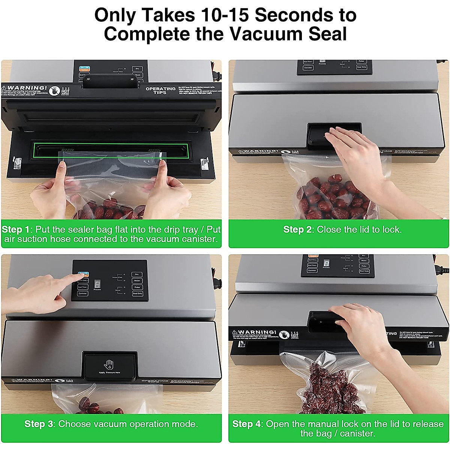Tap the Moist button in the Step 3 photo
click(x=137, y=280)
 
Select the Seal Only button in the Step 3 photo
click(x=137, y=293)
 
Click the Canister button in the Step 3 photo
click(x=83, y=293)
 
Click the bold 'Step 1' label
click(x=16, y=229)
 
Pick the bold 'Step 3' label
click(x=39, y=424)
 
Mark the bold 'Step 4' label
click(x=246, y=424)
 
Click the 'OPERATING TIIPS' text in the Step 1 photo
click(x=160, y=90)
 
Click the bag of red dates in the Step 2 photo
click(x=330, y=197)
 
